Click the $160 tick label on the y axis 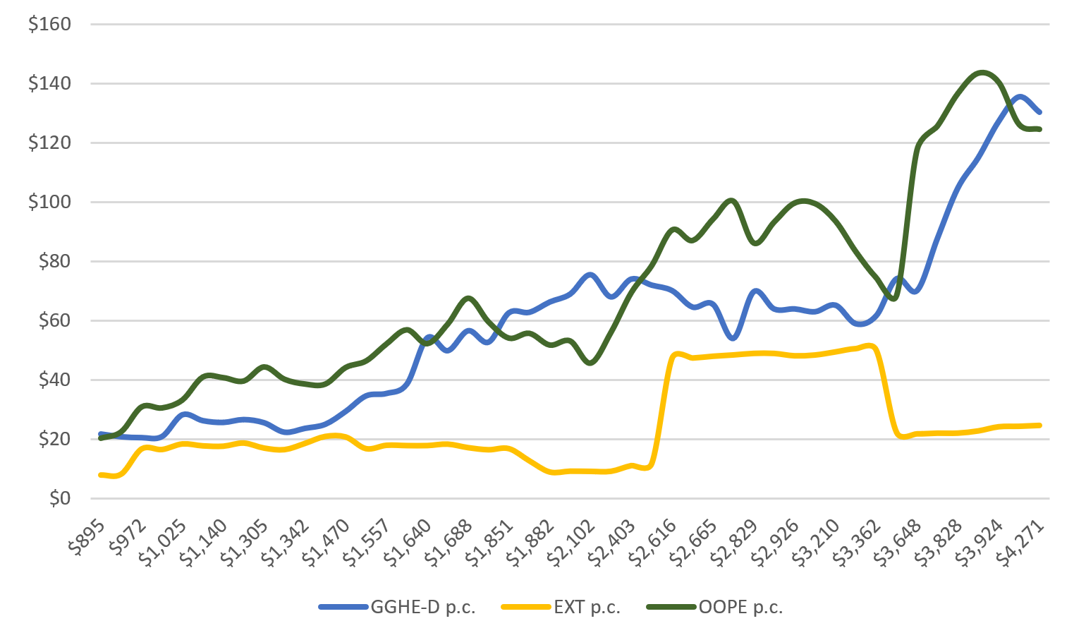49,24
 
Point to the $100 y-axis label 49,202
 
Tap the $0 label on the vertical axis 59,498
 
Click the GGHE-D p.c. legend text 423,607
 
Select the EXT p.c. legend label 587,607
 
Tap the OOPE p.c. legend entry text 740,607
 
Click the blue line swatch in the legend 343,607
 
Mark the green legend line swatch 671,607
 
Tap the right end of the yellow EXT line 1040,425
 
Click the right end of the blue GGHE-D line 1040,111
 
